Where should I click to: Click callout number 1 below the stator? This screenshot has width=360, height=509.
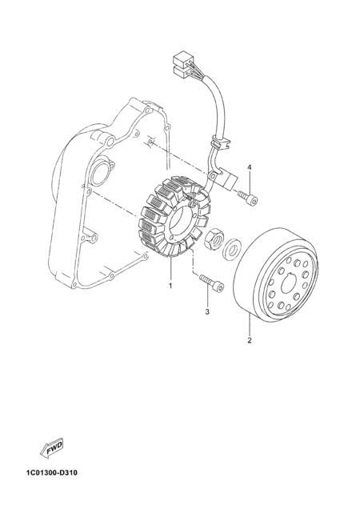(170, 286)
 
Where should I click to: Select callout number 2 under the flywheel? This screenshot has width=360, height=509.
(250, 340)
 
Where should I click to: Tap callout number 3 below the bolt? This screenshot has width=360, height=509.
(207, 312)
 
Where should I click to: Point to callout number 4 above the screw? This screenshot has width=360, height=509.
(250, 167)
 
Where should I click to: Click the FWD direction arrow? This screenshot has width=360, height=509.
(52, 450)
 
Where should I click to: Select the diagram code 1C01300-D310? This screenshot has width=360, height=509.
(52, 472)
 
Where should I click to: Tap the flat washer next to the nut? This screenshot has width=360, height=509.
(230, 250)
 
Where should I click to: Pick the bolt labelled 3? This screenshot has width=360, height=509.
(212, 283)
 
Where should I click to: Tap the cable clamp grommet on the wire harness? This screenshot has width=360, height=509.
(220, 142)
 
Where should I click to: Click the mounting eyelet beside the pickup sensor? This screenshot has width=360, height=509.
(213, 175)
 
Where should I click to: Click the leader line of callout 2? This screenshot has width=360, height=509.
(250, 325)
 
